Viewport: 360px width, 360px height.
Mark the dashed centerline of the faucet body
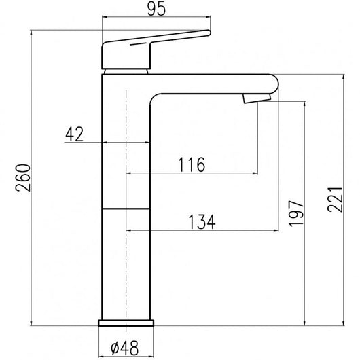click(126, 204)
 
